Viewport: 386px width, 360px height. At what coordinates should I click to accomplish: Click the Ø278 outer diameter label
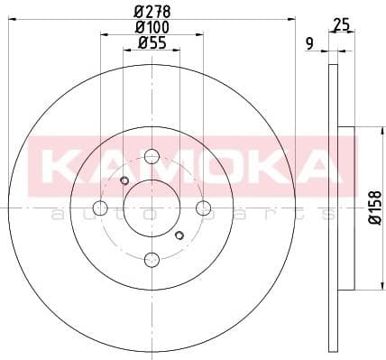[152, 12]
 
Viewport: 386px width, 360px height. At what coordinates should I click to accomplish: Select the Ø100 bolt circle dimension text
[152, 27]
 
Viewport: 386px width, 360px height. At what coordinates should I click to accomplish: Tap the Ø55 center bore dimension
[152, 43]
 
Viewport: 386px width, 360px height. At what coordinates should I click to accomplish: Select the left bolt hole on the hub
[100, 208]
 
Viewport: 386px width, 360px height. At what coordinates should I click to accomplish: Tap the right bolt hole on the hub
[204, 208]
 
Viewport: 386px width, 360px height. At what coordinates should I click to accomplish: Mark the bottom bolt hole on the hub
[152, 261]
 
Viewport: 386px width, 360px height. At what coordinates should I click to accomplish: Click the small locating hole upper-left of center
[125, 180]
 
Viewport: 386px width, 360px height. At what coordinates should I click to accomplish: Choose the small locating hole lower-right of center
[179, 235]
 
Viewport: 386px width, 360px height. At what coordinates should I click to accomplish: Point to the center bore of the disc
[152, 208]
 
